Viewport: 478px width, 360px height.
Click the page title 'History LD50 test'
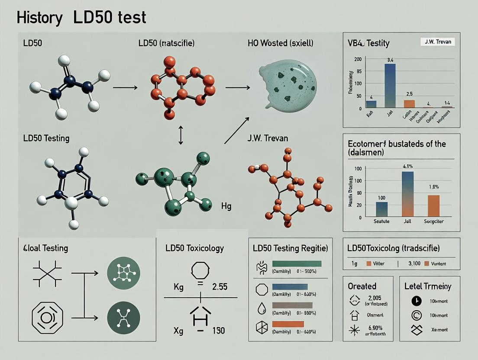pos(81,17)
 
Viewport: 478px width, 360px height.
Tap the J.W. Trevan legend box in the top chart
pos(437,42)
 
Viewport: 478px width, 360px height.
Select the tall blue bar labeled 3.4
pos(389,86)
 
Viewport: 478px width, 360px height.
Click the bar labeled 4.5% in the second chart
pos(407,193)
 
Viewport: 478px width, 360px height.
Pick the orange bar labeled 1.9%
pos(433,206)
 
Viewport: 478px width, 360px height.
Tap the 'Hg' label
pos(226,206)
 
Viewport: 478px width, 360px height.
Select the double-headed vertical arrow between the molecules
pos(181,136)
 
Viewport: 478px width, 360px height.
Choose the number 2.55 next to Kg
pos(220,286)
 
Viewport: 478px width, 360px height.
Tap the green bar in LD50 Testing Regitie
pos(297,264)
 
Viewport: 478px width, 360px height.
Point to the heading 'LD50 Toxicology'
pos(194,248)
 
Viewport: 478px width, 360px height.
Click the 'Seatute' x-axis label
pos(381,222)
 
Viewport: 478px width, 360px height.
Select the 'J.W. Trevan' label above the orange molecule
pos(268,138)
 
